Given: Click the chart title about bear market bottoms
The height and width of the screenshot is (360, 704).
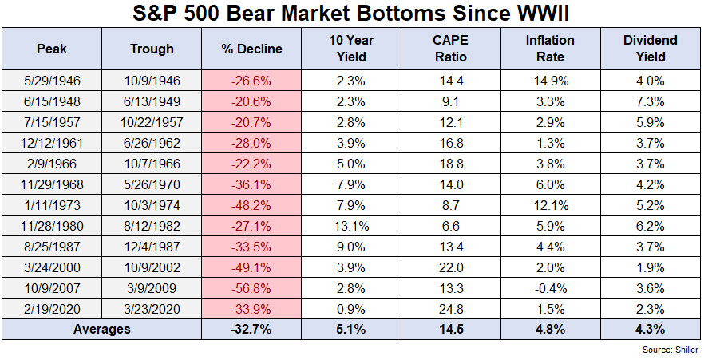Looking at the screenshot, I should [352, 14].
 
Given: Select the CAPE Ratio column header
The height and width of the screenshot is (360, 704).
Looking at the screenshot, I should [452, 49].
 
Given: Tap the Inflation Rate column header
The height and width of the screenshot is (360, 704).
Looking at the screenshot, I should [550, 49].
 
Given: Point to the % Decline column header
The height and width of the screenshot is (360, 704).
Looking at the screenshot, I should [251, 49].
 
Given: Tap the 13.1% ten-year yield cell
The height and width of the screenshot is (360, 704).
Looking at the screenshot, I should [352, 225].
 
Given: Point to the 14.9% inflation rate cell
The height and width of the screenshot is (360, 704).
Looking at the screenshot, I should [550, 80].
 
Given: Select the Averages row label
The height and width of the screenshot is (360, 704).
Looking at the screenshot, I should [102, 329].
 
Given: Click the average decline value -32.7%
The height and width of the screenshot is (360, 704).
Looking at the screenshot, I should [251, 329].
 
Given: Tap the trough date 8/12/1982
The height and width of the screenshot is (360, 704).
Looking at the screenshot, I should [152, 225].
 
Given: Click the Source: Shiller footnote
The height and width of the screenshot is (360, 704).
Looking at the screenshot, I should [670, 350].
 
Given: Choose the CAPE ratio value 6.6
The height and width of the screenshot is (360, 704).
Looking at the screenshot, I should [452, 225].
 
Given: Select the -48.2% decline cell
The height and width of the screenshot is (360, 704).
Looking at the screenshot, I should [251, 204].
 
